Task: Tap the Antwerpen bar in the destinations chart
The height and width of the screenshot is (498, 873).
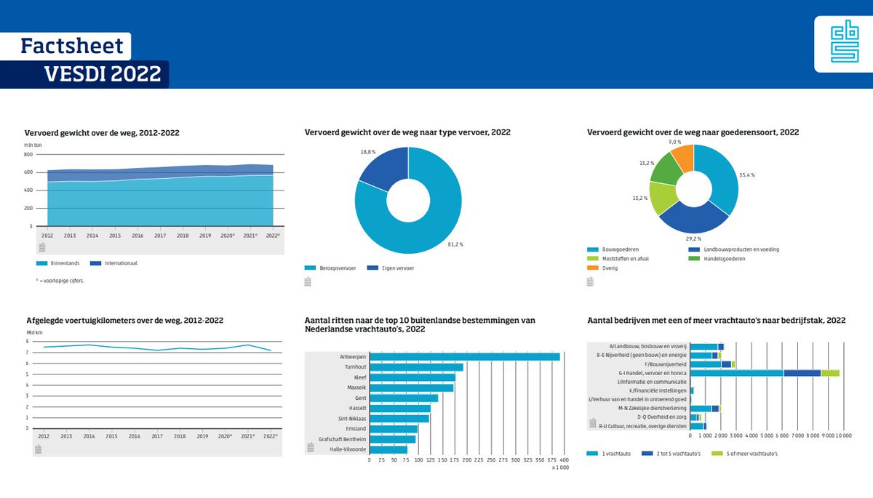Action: (465, 356)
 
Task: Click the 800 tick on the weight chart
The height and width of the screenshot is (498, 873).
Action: (28, 155)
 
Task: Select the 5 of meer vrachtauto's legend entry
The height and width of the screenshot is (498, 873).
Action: (750, 454)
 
